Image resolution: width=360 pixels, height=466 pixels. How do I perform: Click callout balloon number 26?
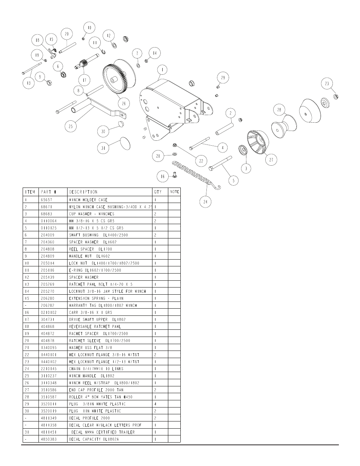[x=124, y=104]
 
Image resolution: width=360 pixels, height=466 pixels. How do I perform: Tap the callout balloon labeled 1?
[x=162, y=70]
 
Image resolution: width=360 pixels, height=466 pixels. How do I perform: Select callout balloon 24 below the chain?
[x=205, y=202]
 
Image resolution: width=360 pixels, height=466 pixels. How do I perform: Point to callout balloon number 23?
[x=327, y=83]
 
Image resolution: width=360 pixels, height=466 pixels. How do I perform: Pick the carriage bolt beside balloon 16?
[x=175, y=175]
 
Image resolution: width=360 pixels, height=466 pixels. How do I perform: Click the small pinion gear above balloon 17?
[x=83, y=64]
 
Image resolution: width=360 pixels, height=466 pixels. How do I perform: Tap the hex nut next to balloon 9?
[x=49, y=82]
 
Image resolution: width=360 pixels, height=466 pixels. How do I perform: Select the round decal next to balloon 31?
[x=125, y=144]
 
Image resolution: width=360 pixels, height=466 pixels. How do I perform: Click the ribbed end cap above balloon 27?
[x=258, y=142]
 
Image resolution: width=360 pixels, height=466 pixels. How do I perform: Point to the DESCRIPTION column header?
[x=83, y=192]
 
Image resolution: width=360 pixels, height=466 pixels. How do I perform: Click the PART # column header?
[x=49, y=192]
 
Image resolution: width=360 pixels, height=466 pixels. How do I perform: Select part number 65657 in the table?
[x=46, y=200]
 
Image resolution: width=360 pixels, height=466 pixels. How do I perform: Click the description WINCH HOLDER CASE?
[x=88, y=200]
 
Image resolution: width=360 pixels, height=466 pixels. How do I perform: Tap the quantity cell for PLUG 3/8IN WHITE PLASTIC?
[x=155, y=404]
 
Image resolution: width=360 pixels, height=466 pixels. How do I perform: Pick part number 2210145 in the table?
[x=49, y=369]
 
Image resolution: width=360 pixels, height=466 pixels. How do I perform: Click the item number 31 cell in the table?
[x=27, y=432]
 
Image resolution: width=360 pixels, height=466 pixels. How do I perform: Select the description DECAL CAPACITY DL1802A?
[x=94, y=439]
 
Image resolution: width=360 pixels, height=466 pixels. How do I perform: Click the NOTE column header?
[x=175, y=192]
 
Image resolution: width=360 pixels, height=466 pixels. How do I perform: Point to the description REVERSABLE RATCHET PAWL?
[x=95, y=327]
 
